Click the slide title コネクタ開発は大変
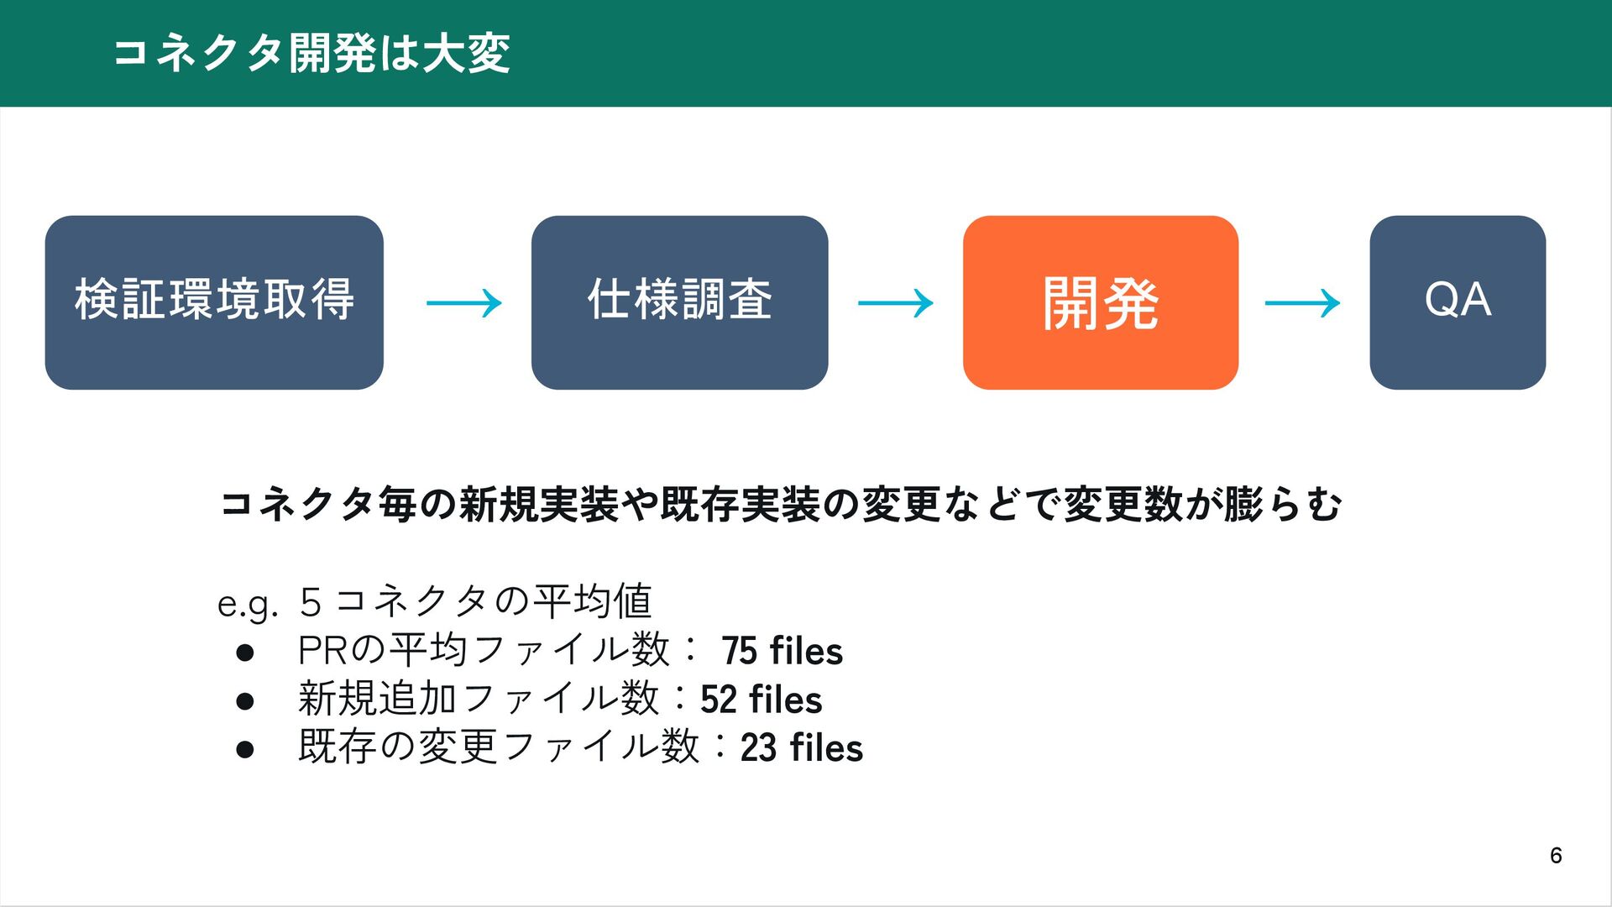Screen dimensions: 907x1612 311,53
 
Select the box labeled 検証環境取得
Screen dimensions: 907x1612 214,302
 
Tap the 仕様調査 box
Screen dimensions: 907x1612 679,302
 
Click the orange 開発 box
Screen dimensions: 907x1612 1100,302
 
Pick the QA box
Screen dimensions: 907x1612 1458,302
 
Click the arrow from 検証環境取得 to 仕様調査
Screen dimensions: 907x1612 463,302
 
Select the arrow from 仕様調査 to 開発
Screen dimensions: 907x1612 895,302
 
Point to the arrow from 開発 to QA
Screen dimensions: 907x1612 1302,302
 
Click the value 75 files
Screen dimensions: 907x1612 782,652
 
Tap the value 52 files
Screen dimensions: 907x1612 761,700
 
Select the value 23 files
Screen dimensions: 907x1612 801,748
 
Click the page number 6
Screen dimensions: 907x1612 1555,856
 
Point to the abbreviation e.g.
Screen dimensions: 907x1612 247,604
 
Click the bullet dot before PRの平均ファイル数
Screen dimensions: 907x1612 245,653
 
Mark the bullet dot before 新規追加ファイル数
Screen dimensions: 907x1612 245,701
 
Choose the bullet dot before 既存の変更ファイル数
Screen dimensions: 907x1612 245,749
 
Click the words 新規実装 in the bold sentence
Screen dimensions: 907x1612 539,505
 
